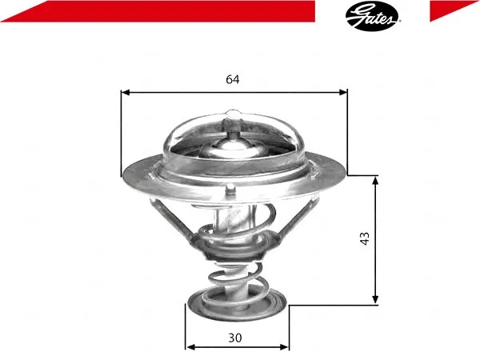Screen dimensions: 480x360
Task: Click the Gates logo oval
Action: pyautogui.click(x=372, y=16)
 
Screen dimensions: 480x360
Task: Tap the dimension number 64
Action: pyautogui.click(x=233, y=79)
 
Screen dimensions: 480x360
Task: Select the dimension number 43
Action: pyautogui.click(x=365, y=238)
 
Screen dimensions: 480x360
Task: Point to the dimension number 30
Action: pyautogui.click(x=234, y=338)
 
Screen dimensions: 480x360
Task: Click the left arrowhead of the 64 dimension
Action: pyautogui.click(x=126, y=93)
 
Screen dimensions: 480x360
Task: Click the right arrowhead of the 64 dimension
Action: pyautogui.click(x=343, y=93)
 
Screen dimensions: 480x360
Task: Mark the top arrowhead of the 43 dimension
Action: pyautogui.click(x=375, y=181)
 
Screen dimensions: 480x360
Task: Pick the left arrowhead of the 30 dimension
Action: pyautogui.click(x=190, y=347)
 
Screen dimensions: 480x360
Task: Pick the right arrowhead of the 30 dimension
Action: pyautogui.click(x=284, y=347)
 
